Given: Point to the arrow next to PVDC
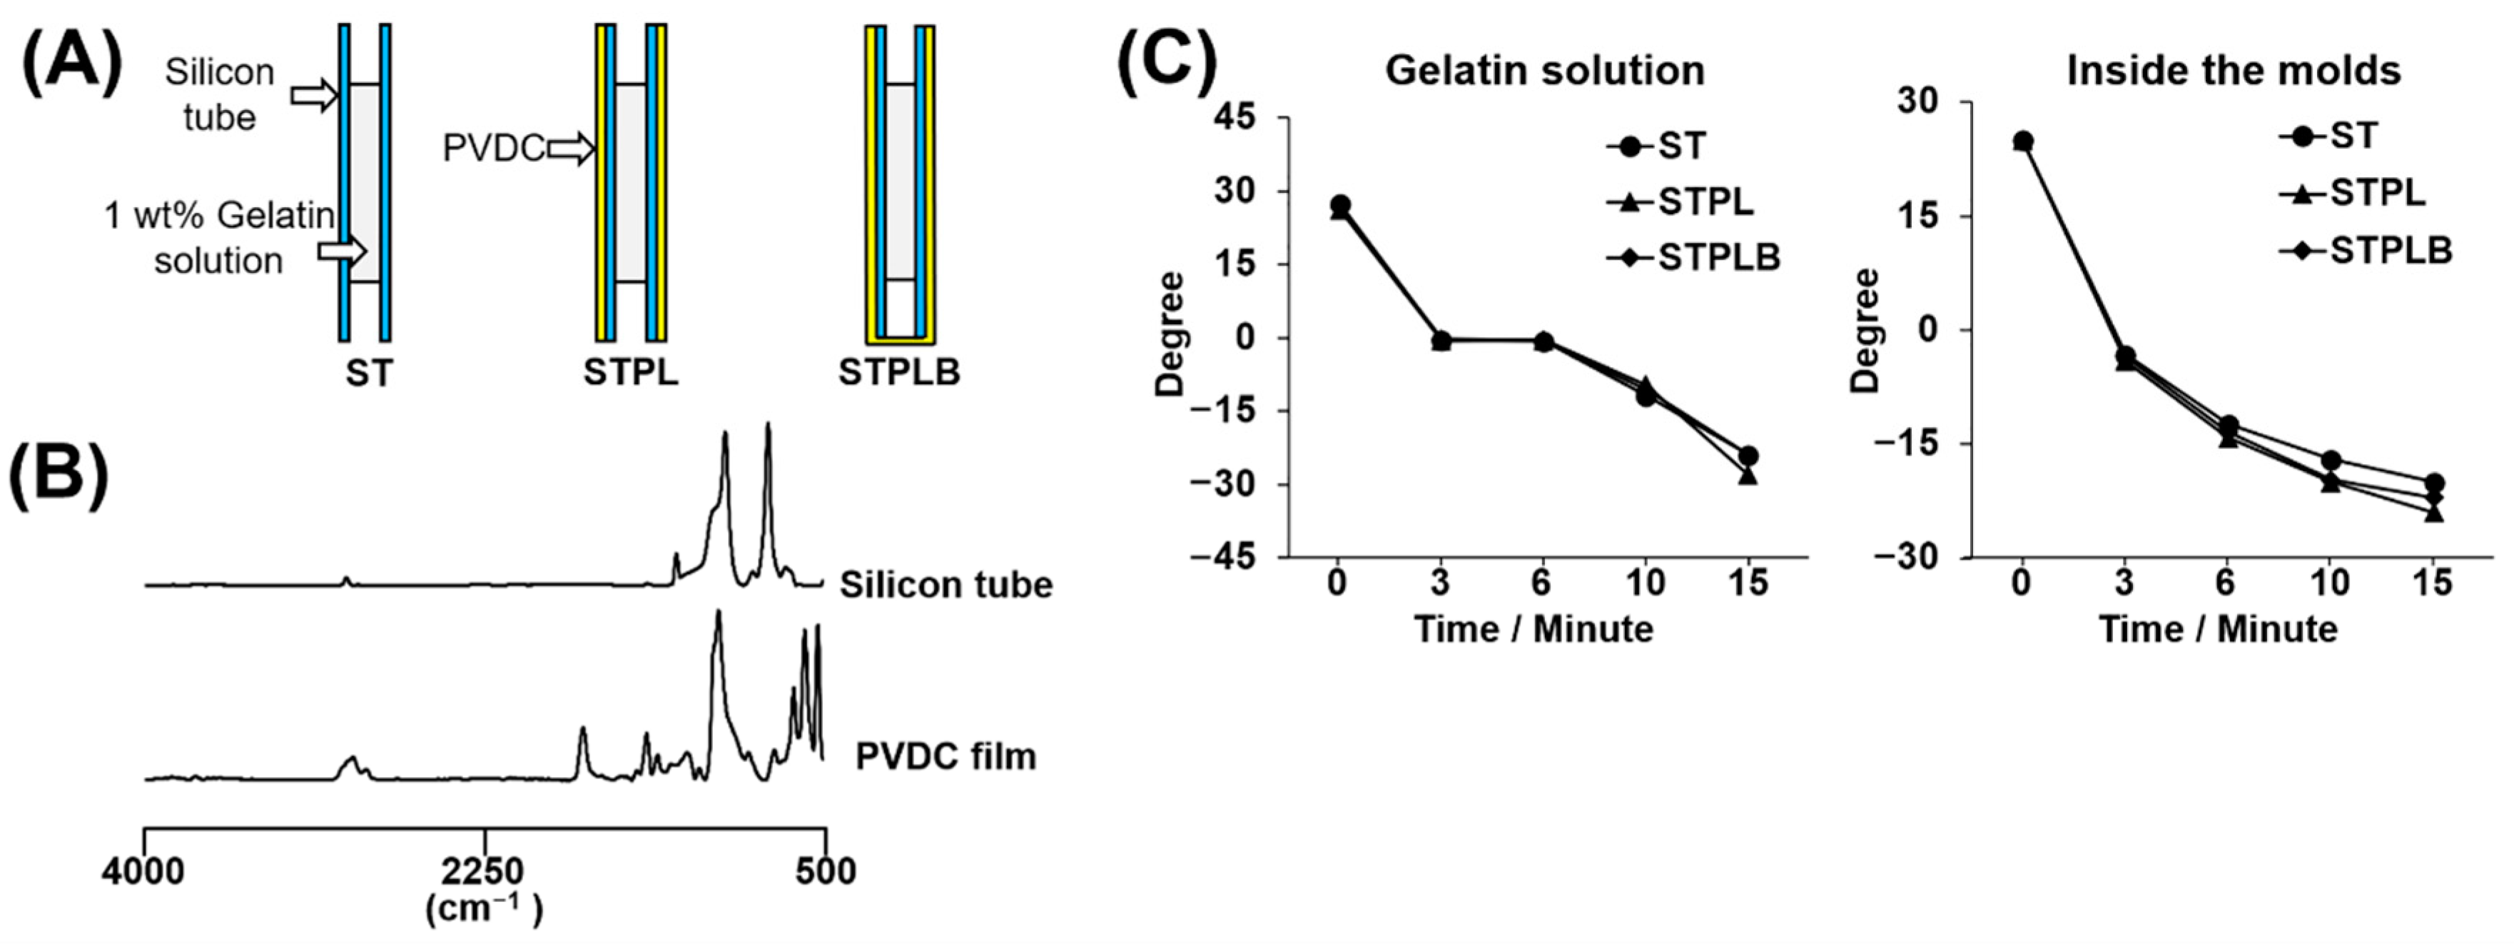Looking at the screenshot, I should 571,149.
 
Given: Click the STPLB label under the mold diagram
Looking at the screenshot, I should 899,372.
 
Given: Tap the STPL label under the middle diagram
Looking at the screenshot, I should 630,372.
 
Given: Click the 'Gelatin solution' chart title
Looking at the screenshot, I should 1544,70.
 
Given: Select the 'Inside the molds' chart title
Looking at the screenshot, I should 2233,70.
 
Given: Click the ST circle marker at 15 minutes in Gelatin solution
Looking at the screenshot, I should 1748,456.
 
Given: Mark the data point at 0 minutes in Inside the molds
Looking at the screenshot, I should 2022,141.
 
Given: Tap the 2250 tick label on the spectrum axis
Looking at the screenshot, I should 484,871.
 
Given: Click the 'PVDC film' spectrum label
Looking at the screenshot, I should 945,756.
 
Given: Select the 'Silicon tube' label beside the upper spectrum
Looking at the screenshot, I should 946,585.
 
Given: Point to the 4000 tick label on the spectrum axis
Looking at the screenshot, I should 143,871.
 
